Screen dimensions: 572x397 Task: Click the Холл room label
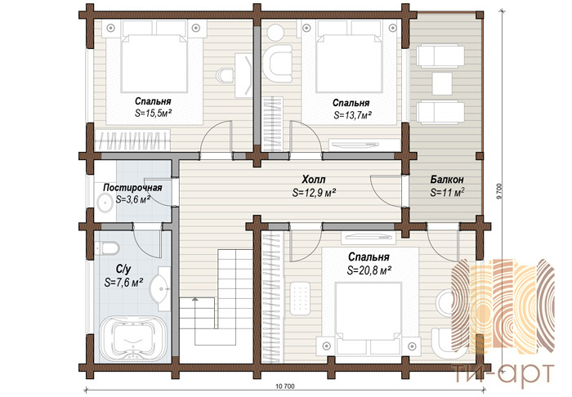coord(314,180)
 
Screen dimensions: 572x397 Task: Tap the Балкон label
coord(447,180)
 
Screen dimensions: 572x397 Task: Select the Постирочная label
coord(132,188)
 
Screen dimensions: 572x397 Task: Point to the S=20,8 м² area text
coord(369,270)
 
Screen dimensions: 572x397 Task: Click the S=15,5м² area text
coord(154,113)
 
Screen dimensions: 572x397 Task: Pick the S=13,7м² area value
coord(352,115)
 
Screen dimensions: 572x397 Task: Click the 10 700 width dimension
coord(285,386)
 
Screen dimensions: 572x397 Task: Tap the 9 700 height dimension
coord(499,190)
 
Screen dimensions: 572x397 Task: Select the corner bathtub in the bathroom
coord(133,339)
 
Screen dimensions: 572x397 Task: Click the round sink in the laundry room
coord(105,203)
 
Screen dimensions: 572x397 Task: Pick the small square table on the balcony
coord(442,83)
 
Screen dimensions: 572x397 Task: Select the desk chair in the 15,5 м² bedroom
coord(225,75)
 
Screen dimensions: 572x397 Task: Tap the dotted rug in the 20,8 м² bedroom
coord(300,298)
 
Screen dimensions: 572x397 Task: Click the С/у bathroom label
coord(123,270)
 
